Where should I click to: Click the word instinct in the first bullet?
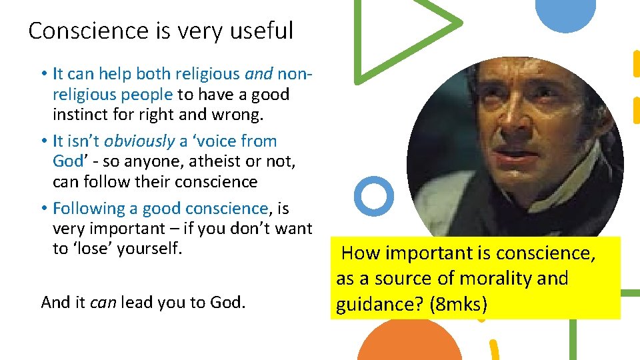(x=81, y=115)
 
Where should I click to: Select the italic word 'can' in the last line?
(x=103, y=303)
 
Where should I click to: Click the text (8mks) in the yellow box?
(x=459, y=305)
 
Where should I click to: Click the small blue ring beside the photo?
(x=373, y=195)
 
